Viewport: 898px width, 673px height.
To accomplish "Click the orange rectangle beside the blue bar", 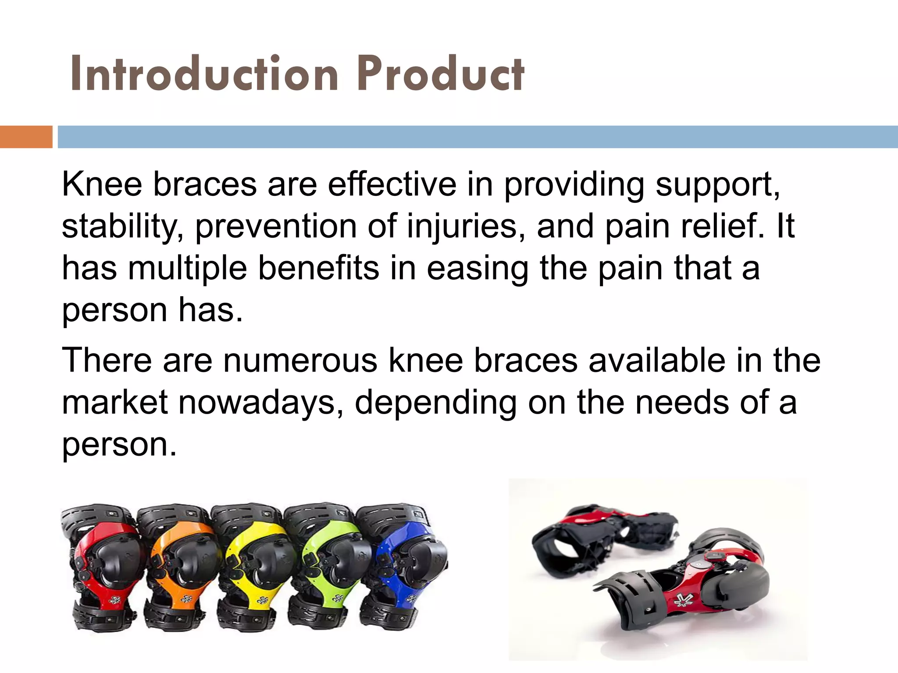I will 26,137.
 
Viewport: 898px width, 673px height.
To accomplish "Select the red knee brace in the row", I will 103,567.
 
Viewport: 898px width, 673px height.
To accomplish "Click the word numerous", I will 300,361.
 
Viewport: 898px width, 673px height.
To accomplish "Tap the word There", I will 107,361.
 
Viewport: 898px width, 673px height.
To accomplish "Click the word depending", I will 435,403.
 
